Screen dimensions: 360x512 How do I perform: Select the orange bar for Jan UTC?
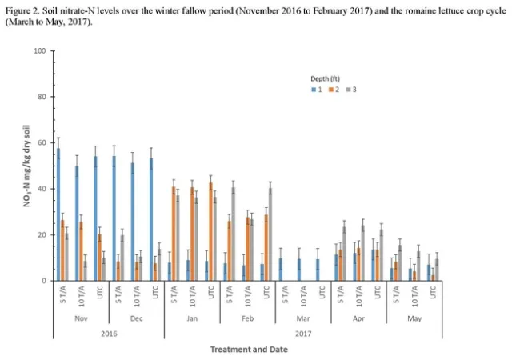point(210,232)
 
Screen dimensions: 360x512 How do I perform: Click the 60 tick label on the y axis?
point(41,143)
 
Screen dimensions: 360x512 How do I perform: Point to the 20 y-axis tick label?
point(41,235)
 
